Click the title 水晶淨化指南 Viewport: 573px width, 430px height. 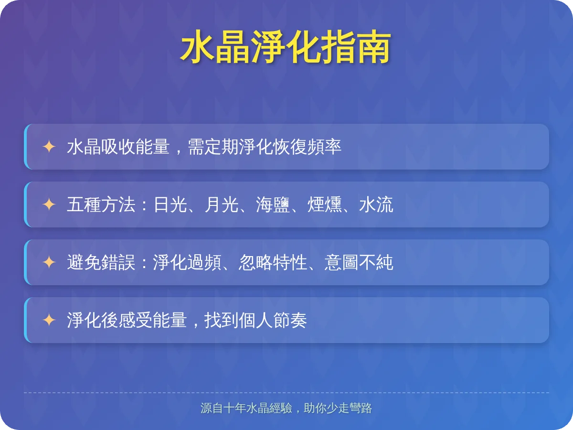click(286, 48)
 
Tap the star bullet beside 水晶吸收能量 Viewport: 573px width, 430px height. click(49, 147)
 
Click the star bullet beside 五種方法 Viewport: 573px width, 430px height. click(49, 204)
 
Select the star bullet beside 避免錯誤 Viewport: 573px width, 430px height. click(49, 262)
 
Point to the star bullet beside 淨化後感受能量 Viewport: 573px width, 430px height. click(49, 320)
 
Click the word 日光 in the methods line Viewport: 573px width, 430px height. click(170, 204)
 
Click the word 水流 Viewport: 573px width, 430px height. click(376, 204)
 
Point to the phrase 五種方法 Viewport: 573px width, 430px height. click(101, 204)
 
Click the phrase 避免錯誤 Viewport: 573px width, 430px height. click(101, 262)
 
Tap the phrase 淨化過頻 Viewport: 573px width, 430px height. click(187, 262)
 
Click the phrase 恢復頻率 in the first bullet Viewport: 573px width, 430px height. click(308, 147)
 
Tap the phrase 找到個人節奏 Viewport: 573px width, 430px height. click(255, 320)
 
